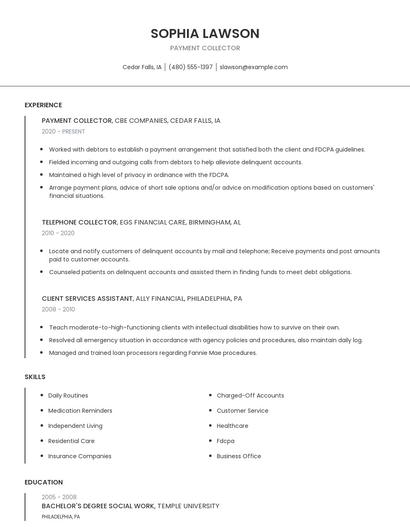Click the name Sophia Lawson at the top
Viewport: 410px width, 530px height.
pos(205,33)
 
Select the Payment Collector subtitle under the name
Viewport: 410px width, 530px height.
pos(205,48)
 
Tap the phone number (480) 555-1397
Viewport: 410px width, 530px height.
pos(190,67)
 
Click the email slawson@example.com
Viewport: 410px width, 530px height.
pos(253,67)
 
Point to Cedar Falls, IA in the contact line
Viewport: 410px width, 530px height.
pos(142,67)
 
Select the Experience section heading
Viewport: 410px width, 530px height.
pos(43,105)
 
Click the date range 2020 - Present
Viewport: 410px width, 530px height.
pos(63,131)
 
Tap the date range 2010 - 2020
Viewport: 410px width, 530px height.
pos(58,233)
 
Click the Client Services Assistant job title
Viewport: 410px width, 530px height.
pos(87,298)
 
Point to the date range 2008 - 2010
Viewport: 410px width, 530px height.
pos(58,309)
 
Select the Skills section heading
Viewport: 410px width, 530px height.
pos(34,376)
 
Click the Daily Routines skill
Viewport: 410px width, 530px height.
pos(68,395)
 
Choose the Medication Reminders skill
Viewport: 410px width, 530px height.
pos(80,410)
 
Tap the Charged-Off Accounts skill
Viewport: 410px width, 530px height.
pos(250,395)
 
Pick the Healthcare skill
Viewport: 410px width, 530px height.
pos(232,425)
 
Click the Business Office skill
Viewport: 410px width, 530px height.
pos(238,455)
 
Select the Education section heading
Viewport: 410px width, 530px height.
pos(43,482)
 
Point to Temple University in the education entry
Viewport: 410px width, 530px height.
pos(188,506)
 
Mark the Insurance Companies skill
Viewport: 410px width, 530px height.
pos(80,455)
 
